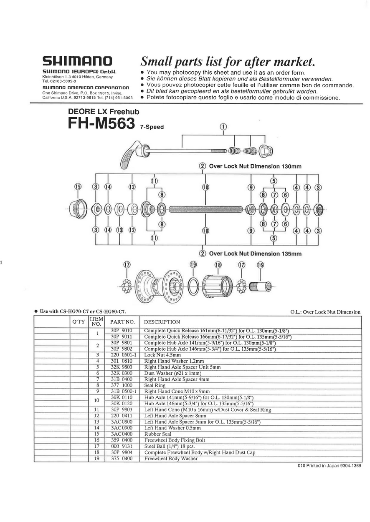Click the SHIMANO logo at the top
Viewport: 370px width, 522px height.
[78, 62]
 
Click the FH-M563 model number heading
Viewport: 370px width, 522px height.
[101, 124]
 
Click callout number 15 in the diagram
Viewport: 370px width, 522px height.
[78, 186]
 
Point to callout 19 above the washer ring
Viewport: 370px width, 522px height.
[193, 264]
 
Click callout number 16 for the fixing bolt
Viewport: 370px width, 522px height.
[261, 264]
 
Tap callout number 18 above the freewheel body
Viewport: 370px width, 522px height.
[218, 264]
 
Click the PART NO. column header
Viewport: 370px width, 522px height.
[122, 322]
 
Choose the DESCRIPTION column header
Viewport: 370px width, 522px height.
[162, 322]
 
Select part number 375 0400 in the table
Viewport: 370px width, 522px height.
[122, 459]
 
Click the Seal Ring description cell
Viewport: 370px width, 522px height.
[155, 386]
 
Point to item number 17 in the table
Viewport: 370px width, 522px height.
[97, 446]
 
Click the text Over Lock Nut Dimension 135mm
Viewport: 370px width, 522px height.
[255, 253]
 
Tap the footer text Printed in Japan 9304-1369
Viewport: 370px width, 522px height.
[329, 466]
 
